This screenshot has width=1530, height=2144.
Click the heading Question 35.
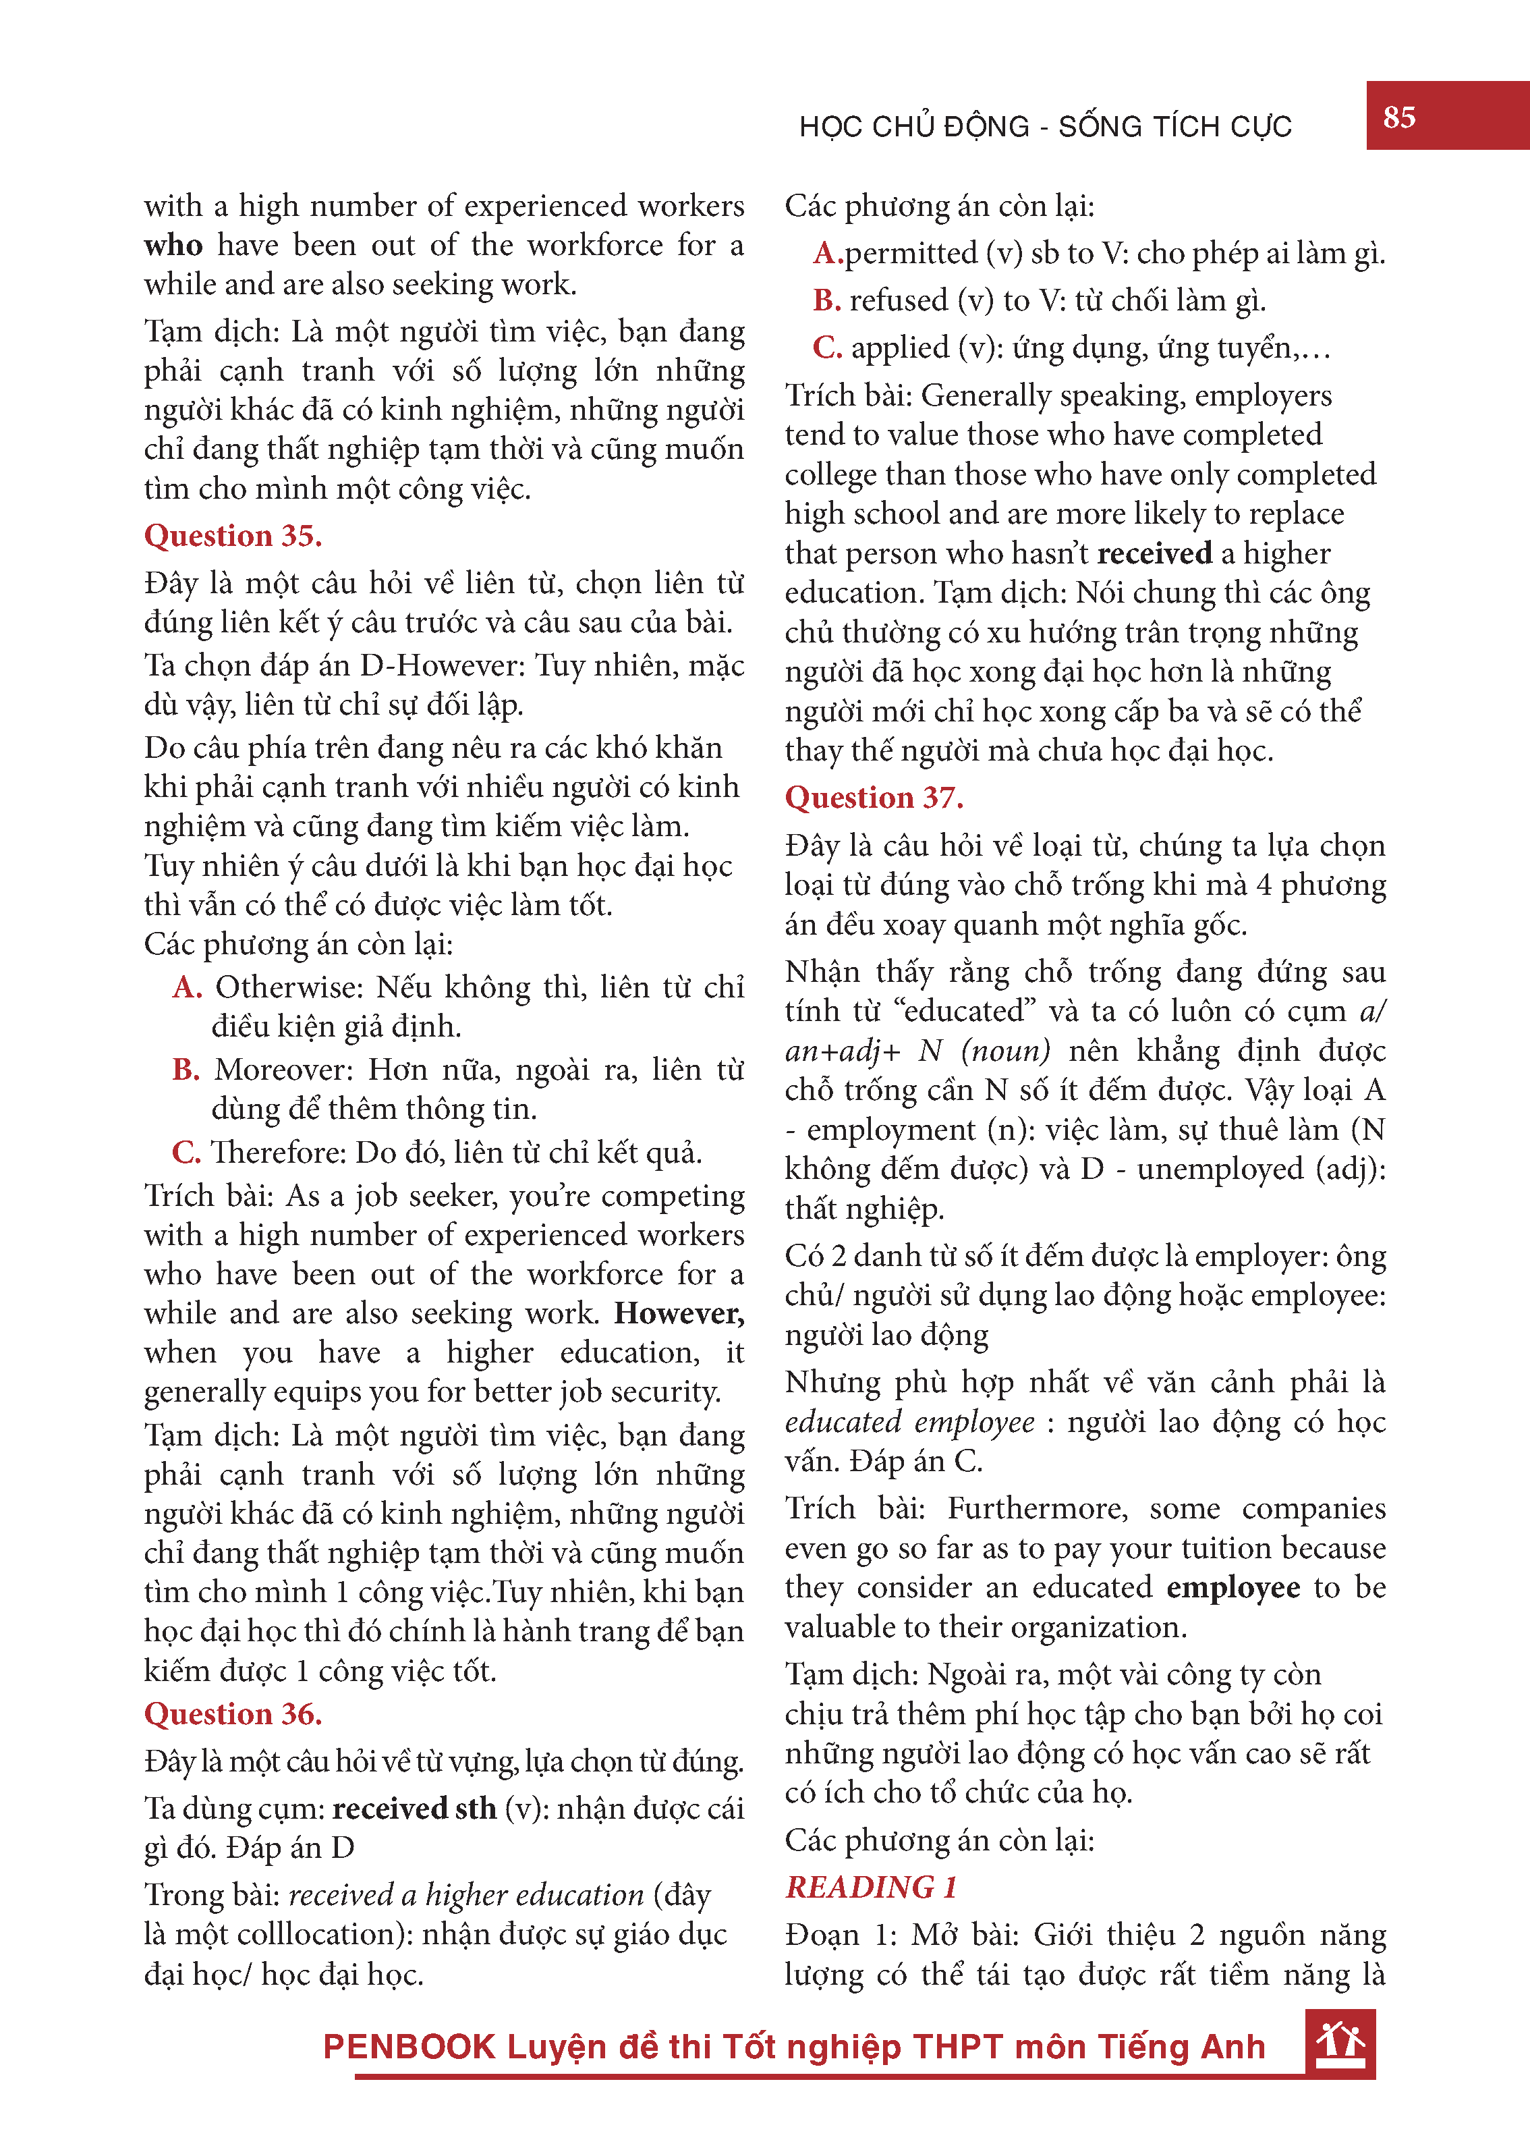click(233, 535)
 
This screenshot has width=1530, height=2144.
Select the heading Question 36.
click(233, 1713)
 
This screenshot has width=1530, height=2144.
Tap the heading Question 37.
click(874, 797)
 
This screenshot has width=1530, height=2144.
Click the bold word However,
click(679, 1313)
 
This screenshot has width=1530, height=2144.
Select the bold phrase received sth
click(414, 1807)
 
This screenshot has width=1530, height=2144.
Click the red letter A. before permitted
click(826, 252)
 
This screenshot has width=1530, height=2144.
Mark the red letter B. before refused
click(826, 300)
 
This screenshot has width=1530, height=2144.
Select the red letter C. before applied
click(826, 347)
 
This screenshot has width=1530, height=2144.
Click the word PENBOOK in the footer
click(409, 2047)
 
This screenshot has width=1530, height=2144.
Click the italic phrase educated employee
click(909, 1421)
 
